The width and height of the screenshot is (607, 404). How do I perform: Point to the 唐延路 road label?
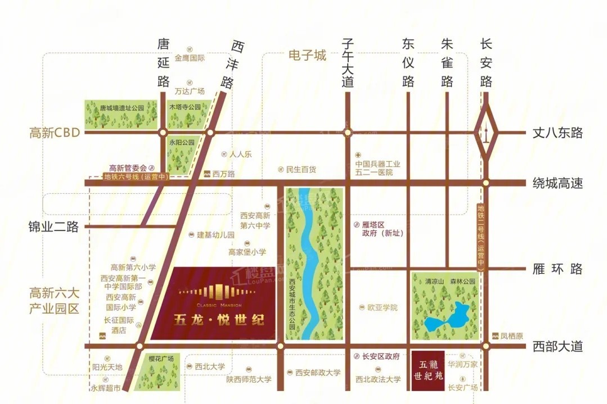pyautogui.click(x=163, y=62)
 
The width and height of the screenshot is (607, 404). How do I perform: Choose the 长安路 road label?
pyautogui.click(x=487, y=62)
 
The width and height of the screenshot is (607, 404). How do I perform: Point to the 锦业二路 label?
pyautogui.click(x=53, y=226)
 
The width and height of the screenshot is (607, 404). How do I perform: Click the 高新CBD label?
pyautogui.click(x=55, y=133)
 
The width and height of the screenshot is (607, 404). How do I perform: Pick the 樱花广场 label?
pyautogui.click(x=161, y=358)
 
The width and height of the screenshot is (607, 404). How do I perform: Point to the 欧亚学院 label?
pyautogui.click(x=382, y=307)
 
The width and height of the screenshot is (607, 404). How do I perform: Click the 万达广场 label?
pyautogui.click(x=190, y=90)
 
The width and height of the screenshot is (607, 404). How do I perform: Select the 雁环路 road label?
pyautogui.click(x=557, y=269)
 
